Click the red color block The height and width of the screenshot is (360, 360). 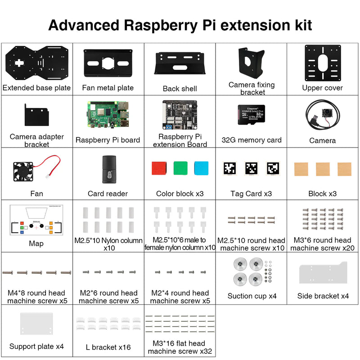pos(158,168)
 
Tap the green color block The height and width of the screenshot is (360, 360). pos(180,168)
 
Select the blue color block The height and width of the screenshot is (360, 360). pos(202,168)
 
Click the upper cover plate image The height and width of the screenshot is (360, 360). pos(323,63)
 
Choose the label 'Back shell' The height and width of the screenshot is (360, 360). pos(180,89)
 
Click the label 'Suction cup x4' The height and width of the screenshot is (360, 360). pos(252,296)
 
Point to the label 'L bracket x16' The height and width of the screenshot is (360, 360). pos(108,347)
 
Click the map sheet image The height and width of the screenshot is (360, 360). pos(36,220)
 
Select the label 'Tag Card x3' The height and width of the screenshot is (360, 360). pos(251,194)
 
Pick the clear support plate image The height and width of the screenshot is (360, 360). pos(36,324)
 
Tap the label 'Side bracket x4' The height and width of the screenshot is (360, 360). pos(323,296)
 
